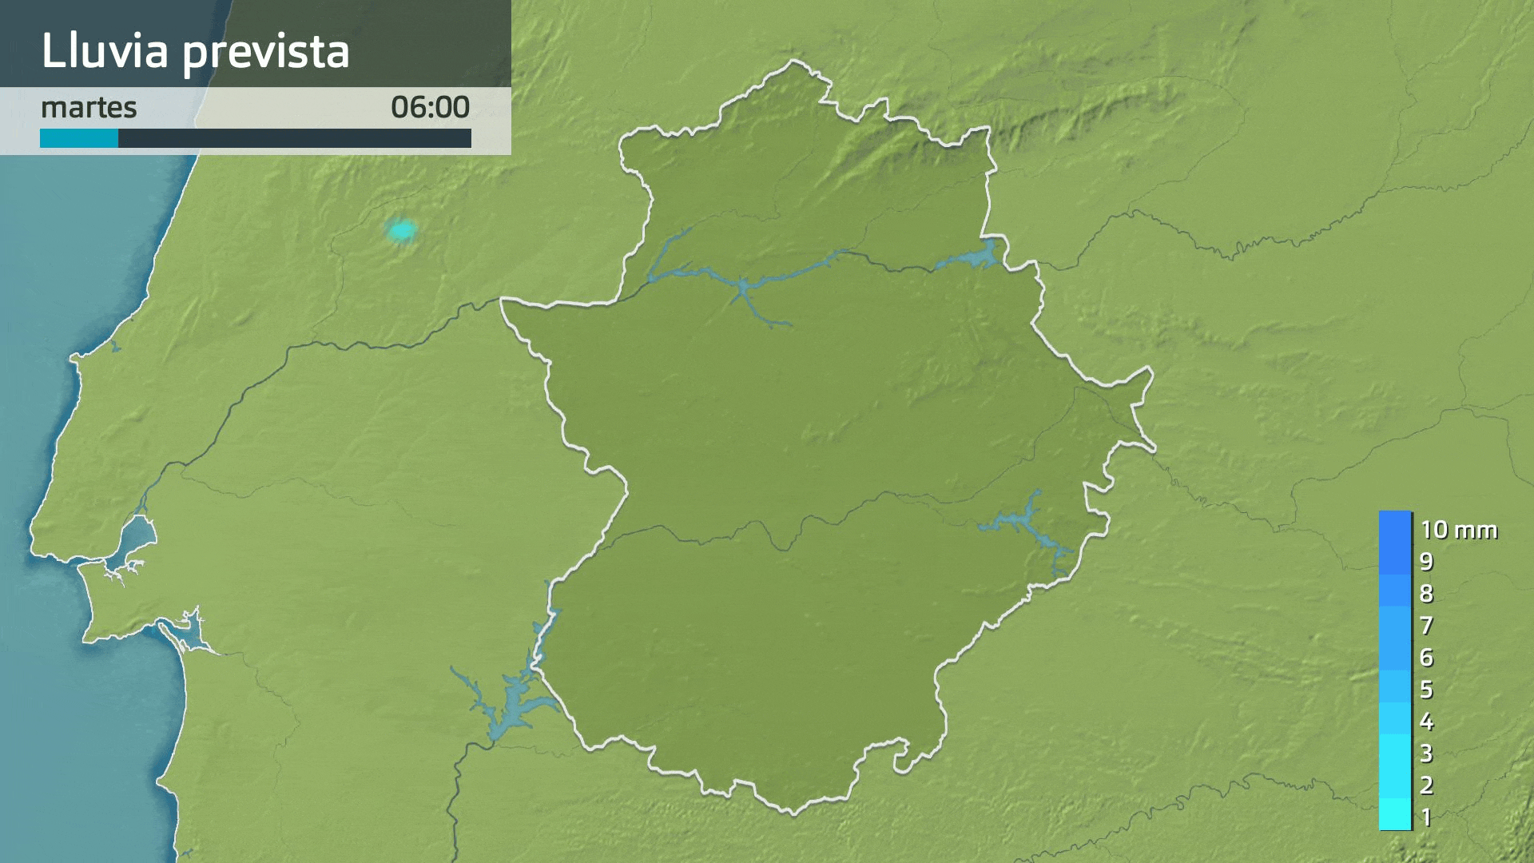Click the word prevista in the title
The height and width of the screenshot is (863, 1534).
click(265, 52)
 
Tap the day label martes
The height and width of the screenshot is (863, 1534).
click(89, 107)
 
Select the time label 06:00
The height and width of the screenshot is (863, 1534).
click(430, 107)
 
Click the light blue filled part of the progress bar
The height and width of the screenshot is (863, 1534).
click(79, 138)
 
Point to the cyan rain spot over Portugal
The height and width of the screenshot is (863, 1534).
click(401, 231)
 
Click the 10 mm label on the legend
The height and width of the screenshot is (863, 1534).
click(1458, 530)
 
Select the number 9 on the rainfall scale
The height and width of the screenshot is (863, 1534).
click(1427, 562)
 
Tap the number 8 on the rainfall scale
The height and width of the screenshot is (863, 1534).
click(1427, 594)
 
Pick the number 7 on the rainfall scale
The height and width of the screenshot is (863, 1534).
click(1427, 626)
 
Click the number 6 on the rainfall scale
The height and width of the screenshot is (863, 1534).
click(1427, 658)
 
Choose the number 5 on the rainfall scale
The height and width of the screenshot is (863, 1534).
click(1427, 690)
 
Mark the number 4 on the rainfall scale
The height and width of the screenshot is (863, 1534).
click(1427, 722)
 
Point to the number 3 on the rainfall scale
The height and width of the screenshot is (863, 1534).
click(1427, 754)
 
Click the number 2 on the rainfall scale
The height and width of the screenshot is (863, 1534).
click(1427, 785)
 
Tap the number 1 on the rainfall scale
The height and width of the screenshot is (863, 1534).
click(1427, 817)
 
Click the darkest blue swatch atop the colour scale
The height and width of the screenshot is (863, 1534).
click(1395, 527)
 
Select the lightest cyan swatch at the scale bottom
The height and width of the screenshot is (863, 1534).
click(1395, 815)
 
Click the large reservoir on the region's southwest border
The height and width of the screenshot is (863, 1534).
click(511, 711)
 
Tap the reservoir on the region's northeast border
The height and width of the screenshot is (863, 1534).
click(971, 257)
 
